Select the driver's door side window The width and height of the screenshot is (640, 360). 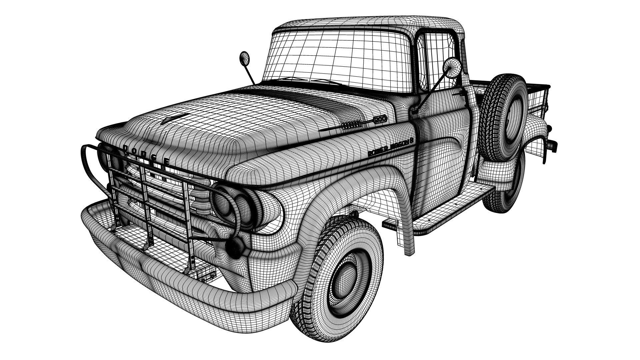(x=437, y=60)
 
